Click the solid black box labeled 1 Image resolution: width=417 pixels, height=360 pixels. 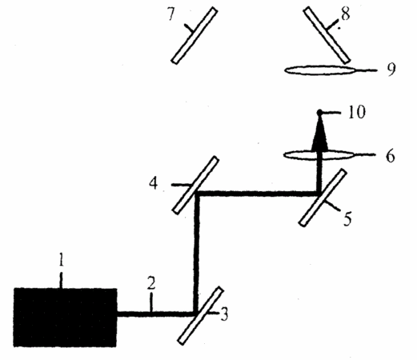click(65, 318)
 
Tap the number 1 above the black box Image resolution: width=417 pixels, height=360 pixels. click(62, 259)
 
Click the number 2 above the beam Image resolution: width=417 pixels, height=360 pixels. click(151, 283)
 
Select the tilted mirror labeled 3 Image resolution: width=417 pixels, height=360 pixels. click(200, 316)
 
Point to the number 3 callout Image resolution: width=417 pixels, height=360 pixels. click(224, 314)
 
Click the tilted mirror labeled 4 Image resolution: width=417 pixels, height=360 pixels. click(195, 185)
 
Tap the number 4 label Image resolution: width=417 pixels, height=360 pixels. click(154, 183)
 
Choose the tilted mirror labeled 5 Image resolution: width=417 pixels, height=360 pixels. click(323, 198)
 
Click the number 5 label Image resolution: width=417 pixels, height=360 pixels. click(347, 218)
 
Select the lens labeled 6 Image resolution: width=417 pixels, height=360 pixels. click(319, 155)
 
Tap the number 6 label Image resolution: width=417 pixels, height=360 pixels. click(390, 156)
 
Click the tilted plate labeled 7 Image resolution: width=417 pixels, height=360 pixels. click(194, 35)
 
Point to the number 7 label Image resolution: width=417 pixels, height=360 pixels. click(171, 14)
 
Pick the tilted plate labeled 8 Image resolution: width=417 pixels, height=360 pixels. click(327, 35)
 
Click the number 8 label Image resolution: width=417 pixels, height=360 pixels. click(346, 14)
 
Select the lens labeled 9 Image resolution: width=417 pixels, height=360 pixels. click(319, 70)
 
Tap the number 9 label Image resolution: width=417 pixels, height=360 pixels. click(391, 70)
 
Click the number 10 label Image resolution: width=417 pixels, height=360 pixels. click(356, 112)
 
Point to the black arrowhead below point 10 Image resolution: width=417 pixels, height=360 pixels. click(319, 134)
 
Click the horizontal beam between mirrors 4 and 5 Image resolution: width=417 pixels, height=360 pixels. click(258, 194)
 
